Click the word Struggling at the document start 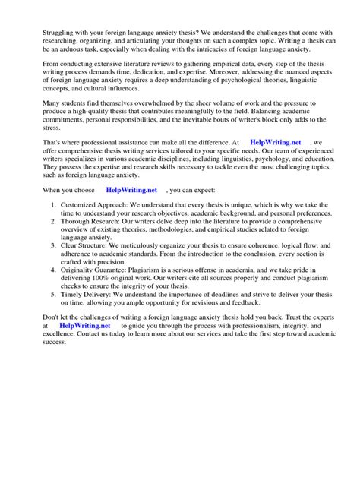coord(40,33)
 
